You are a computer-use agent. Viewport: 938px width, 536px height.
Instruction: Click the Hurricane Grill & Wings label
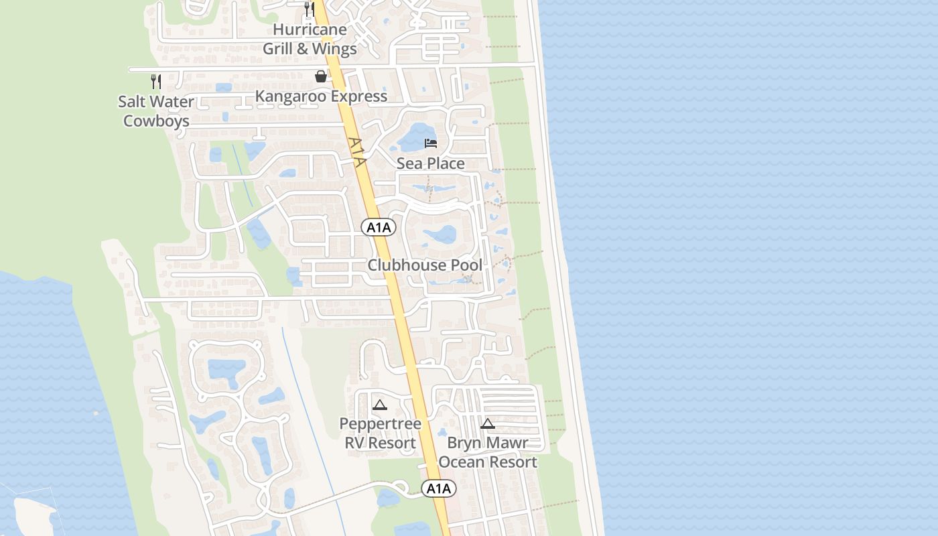(310, 39)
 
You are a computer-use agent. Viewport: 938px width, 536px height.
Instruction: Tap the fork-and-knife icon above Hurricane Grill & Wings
(309, 9)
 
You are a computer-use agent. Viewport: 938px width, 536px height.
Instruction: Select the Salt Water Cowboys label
(156, 111)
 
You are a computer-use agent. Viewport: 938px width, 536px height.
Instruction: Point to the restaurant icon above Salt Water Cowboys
(156, 82)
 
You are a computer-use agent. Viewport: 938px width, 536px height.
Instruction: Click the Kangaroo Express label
(321, 96)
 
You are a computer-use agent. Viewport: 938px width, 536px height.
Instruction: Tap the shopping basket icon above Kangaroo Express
(321, 76)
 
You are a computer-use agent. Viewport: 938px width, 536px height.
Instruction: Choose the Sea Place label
(430, 163)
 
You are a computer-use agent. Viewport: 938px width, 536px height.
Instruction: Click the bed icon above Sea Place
(431, 143)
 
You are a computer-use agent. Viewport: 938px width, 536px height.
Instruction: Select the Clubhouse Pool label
(425, 265)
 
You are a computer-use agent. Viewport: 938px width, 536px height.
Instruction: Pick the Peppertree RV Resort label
(380, 433)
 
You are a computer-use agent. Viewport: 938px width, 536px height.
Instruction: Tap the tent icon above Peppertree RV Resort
(380, 405)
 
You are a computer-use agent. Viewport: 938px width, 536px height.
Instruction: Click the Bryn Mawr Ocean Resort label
(488, 452)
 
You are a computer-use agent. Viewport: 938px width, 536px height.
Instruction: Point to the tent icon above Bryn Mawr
(488, 423)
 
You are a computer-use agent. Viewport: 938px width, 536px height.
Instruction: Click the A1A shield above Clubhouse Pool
(379, 227)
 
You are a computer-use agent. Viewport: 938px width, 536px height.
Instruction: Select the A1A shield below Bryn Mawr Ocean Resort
(439, 489)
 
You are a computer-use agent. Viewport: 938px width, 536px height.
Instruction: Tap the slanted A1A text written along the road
(358, 153)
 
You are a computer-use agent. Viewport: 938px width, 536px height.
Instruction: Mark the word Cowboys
(156, 121)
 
